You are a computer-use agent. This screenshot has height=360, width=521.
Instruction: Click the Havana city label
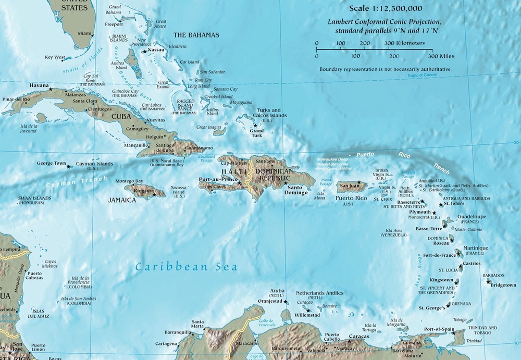pyautogui.click(x=39, y=85)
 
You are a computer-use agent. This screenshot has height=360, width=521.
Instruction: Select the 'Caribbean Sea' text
pyautogui.click(x=186, y=267)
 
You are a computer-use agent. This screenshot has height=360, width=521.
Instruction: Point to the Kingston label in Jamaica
pyautogui.click(x=143, y=191)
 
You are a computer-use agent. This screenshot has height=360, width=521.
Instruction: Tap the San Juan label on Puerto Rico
pyautogui.click(x=350, y=184)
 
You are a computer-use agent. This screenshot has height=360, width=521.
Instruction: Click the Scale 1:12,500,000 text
pyautogui.click(x=386, y=9)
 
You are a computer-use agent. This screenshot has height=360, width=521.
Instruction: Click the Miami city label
pyautogui.click(x=84, y=33)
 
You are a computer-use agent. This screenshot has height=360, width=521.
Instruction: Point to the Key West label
pyautogui.click(x=55, y=57)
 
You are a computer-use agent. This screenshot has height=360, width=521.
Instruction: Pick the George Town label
pyautogui.click(x=51, y=163)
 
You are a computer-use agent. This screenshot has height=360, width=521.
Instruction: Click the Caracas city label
pyautogui.click(x=359, y=336)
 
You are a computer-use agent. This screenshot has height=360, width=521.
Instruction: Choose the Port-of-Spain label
pyautogui.click(x=439, y=329)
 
